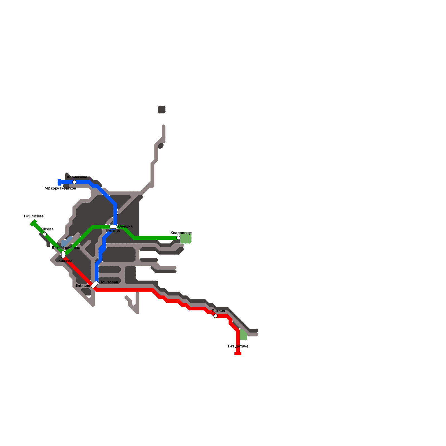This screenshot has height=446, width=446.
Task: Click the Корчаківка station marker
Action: [74, 182]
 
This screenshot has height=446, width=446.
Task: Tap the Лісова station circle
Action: [45, 234]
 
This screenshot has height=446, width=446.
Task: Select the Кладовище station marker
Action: [178, 238]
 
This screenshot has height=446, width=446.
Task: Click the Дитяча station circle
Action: [215, 316]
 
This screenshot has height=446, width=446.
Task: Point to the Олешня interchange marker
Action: [113, 227]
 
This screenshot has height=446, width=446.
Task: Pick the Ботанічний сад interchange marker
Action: [63, 254]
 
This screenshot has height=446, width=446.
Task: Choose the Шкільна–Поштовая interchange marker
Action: [95, 284]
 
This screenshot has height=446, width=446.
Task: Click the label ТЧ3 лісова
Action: [33, 216]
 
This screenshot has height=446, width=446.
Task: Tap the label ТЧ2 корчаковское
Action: [59, 188]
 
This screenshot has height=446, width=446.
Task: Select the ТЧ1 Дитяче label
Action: [237, 346]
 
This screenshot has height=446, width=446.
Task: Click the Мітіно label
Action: [114, 231]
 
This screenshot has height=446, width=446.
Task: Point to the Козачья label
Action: [66, 261]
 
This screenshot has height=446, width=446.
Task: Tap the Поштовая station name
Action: [109, 282]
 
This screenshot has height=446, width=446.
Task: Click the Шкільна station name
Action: [82, 286]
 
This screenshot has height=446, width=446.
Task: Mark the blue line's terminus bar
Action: [59, 182]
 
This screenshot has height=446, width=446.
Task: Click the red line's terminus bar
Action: [238, 353]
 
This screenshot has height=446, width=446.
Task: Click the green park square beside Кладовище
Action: [186, 238]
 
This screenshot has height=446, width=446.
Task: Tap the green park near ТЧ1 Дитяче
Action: [243, 335]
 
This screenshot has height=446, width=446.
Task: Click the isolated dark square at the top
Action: [162, 110]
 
